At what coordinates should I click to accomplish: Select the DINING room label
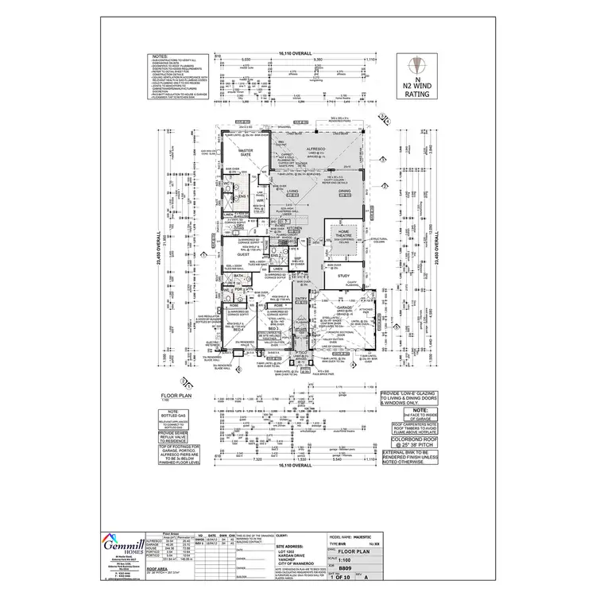(x=344, y=192)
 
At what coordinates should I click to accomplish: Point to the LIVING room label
(x=292, y=192)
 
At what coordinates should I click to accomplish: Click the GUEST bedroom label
(x=234, y=254)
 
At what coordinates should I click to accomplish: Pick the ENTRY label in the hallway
(x=301, y=299)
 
